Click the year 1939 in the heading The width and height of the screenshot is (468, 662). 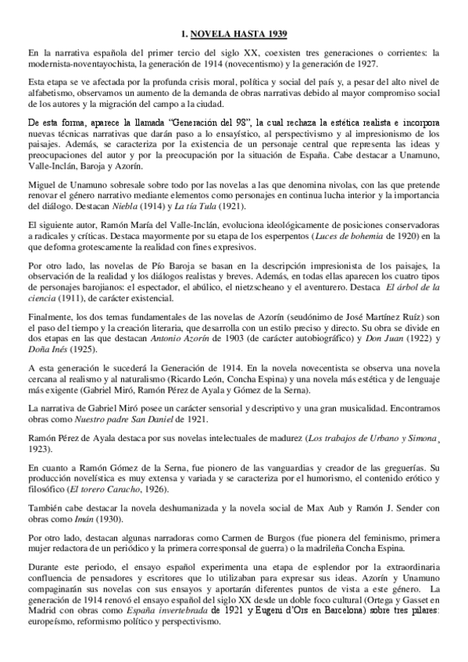274,34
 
